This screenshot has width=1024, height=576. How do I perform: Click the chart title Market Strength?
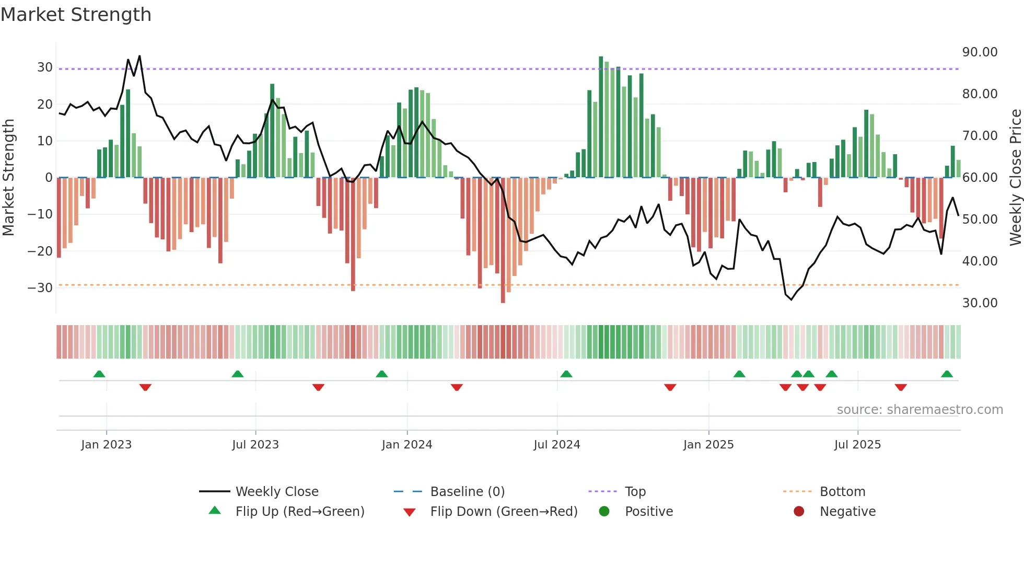point(76,15)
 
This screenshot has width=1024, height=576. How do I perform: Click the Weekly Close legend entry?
point(276,491)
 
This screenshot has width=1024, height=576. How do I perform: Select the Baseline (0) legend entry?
point(467,491)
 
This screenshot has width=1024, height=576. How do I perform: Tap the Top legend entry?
point(635,491)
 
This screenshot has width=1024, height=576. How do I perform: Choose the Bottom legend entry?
point(842,491)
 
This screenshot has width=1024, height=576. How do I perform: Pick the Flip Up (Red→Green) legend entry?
point(299,511)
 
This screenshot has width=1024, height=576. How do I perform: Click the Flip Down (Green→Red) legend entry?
point(504,511)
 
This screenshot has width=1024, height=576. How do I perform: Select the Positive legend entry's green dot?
point(604,511)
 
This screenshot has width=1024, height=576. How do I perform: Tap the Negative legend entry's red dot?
point(799,511)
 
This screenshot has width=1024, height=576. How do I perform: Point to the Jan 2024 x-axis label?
point(407,445)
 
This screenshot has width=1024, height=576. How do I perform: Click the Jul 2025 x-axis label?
point(857,445)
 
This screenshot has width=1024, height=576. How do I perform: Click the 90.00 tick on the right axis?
point(980,52)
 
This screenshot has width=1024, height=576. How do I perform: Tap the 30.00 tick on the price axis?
point(980,303)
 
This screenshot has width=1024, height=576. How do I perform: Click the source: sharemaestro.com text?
point(920,410)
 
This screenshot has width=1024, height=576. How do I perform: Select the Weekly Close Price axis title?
point(1015,178)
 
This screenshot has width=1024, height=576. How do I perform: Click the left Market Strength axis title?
point(8,178)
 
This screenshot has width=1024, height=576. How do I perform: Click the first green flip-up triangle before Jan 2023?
point(99,374)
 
